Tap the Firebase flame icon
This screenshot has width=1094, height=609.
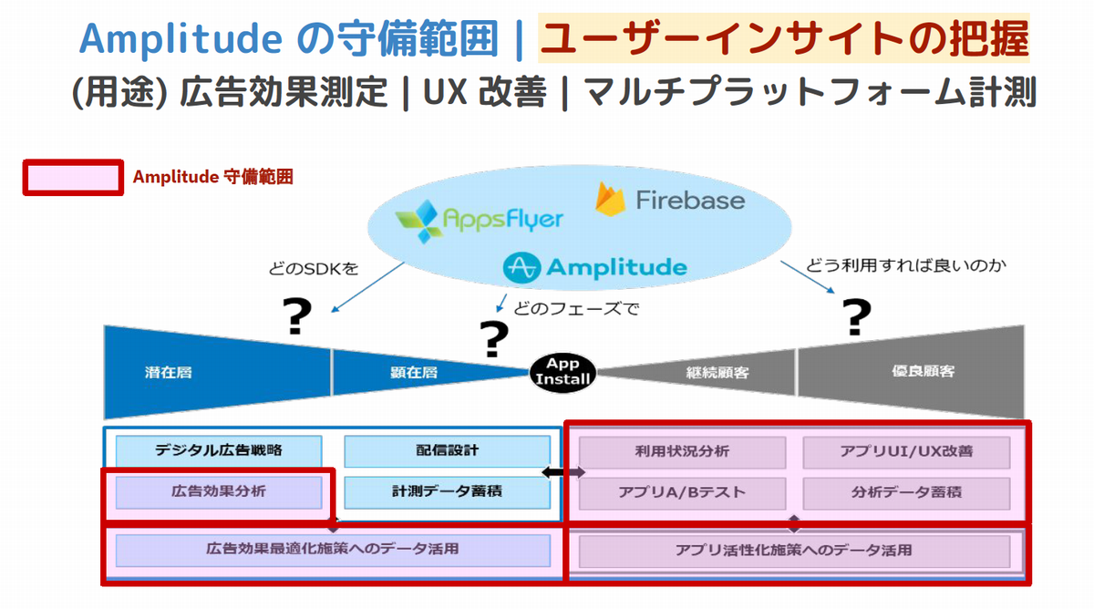click(610, 199)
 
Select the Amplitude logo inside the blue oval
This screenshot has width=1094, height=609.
click(594, 267)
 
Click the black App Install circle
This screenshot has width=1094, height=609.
click(563, 372)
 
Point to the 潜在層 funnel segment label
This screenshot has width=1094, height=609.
click(168, 372)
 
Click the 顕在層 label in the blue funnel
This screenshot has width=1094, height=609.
click(415, 372)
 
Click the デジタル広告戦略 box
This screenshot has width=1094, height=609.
click(219, 450)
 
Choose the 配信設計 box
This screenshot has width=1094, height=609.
click(447, 450)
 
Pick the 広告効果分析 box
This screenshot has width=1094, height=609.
click(219, 492)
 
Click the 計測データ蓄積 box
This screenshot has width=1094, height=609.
click(447, 492)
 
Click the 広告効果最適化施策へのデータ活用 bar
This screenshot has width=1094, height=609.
click(332, 550)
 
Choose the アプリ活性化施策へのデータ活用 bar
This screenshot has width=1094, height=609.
click(794, 551)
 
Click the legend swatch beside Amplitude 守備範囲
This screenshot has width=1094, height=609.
click(73, 177)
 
